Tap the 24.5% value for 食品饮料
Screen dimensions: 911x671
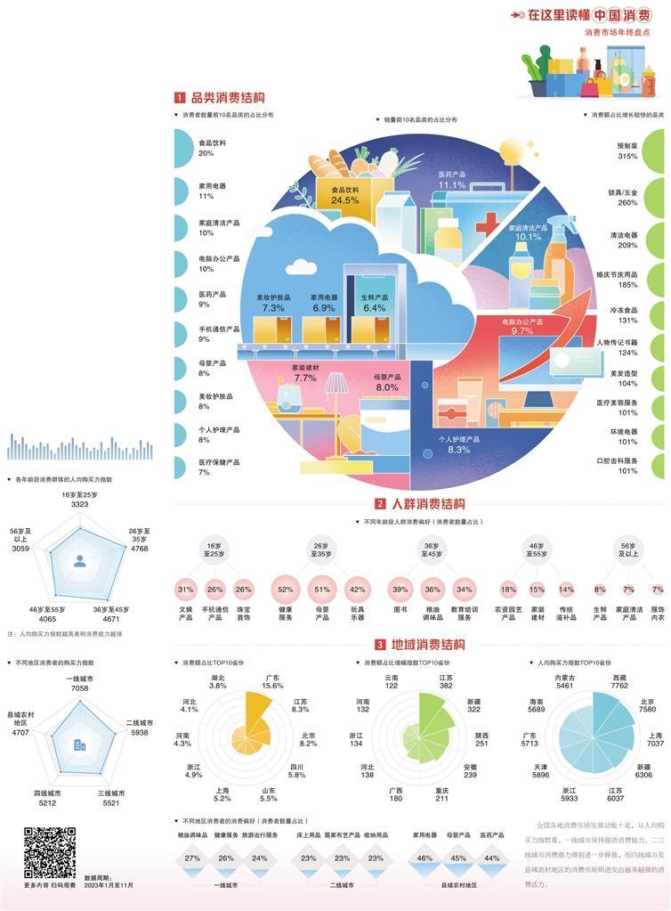click(344, 200)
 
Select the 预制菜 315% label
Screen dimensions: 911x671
click(627, 150)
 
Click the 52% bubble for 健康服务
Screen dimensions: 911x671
click(286, 590)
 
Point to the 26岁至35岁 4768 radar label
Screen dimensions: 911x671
click(139, 543)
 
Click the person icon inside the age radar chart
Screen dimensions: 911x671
click(80, 561)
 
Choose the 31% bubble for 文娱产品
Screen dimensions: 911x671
click(185, 590)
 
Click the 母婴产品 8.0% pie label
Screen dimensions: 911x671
click(387, 382)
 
